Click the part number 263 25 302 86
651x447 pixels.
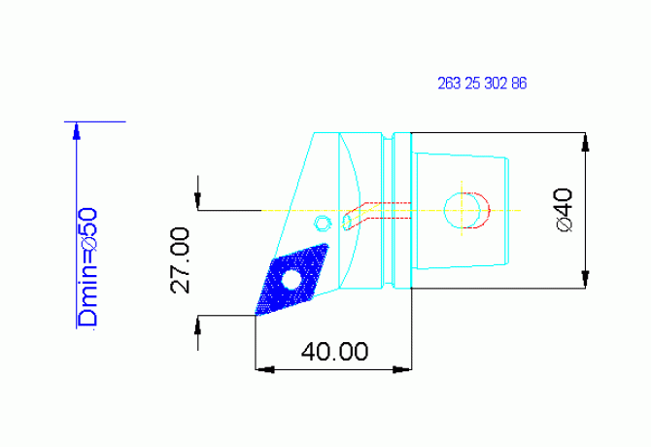[482, 85]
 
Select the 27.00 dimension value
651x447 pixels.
[181, 259]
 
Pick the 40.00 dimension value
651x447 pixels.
[334, 351]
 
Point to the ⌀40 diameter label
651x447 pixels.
[565, 209]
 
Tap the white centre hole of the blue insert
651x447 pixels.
[291, 280]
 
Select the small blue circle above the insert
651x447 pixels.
[321, 223]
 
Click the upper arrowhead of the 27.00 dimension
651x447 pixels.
[198, 201]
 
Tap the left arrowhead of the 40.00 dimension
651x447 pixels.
[262, 368]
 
